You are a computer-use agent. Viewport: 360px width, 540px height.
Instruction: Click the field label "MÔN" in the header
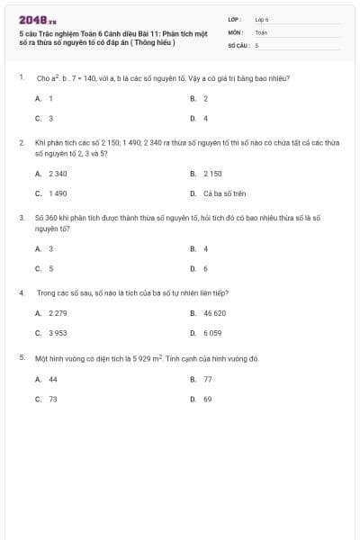[x=235, y=31]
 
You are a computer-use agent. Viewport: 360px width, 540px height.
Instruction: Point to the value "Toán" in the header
[x=261, y=31]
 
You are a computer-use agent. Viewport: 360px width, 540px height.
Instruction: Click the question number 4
[x=21, y=292]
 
